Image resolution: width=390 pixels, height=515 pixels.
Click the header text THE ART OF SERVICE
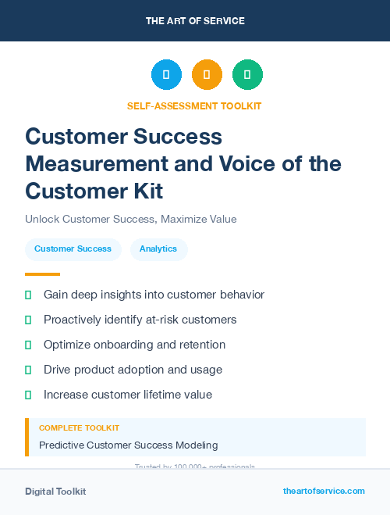(x=195, y=21)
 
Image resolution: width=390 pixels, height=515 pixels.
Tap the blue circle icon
(x=166, y=75)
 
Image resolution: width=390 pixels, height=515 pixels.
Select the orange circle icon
(x=207, y=75)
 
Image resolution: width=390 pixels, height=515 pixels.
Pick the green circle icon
(x=247, y=75)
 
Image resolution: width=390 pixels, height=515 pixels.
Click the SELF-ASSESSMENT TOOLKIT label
(x=194, y=106)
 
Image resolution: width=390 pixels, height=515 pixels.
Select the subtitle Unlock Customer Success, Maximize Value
(x=130, y=219)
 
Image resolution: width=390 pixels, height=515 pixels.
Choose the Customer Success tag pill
(x=73, y=249)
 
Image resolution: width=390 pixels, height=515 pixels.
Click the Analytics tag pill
(x=158, y=249)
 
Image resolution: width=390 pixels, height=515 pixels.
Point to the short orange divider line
(x=42, y=274)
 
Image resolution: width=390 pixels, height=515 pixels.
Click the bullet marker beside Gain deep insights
(x=28, y=295)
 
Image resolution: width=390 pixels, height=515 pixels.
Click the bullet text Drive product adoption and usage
(x=133, y=370)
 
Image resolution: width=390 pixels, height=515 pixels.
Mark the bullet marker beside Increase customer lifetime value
(x=28, y=395)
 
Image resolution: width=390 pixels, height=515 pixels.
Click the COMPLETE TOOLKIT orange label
(x=79, y=428)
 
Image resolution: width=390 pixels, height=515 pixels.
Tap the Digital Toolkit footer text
(x=55, y=492)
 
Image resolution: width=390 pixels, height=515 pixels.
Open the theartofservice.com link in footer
(x=324, y=491)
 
